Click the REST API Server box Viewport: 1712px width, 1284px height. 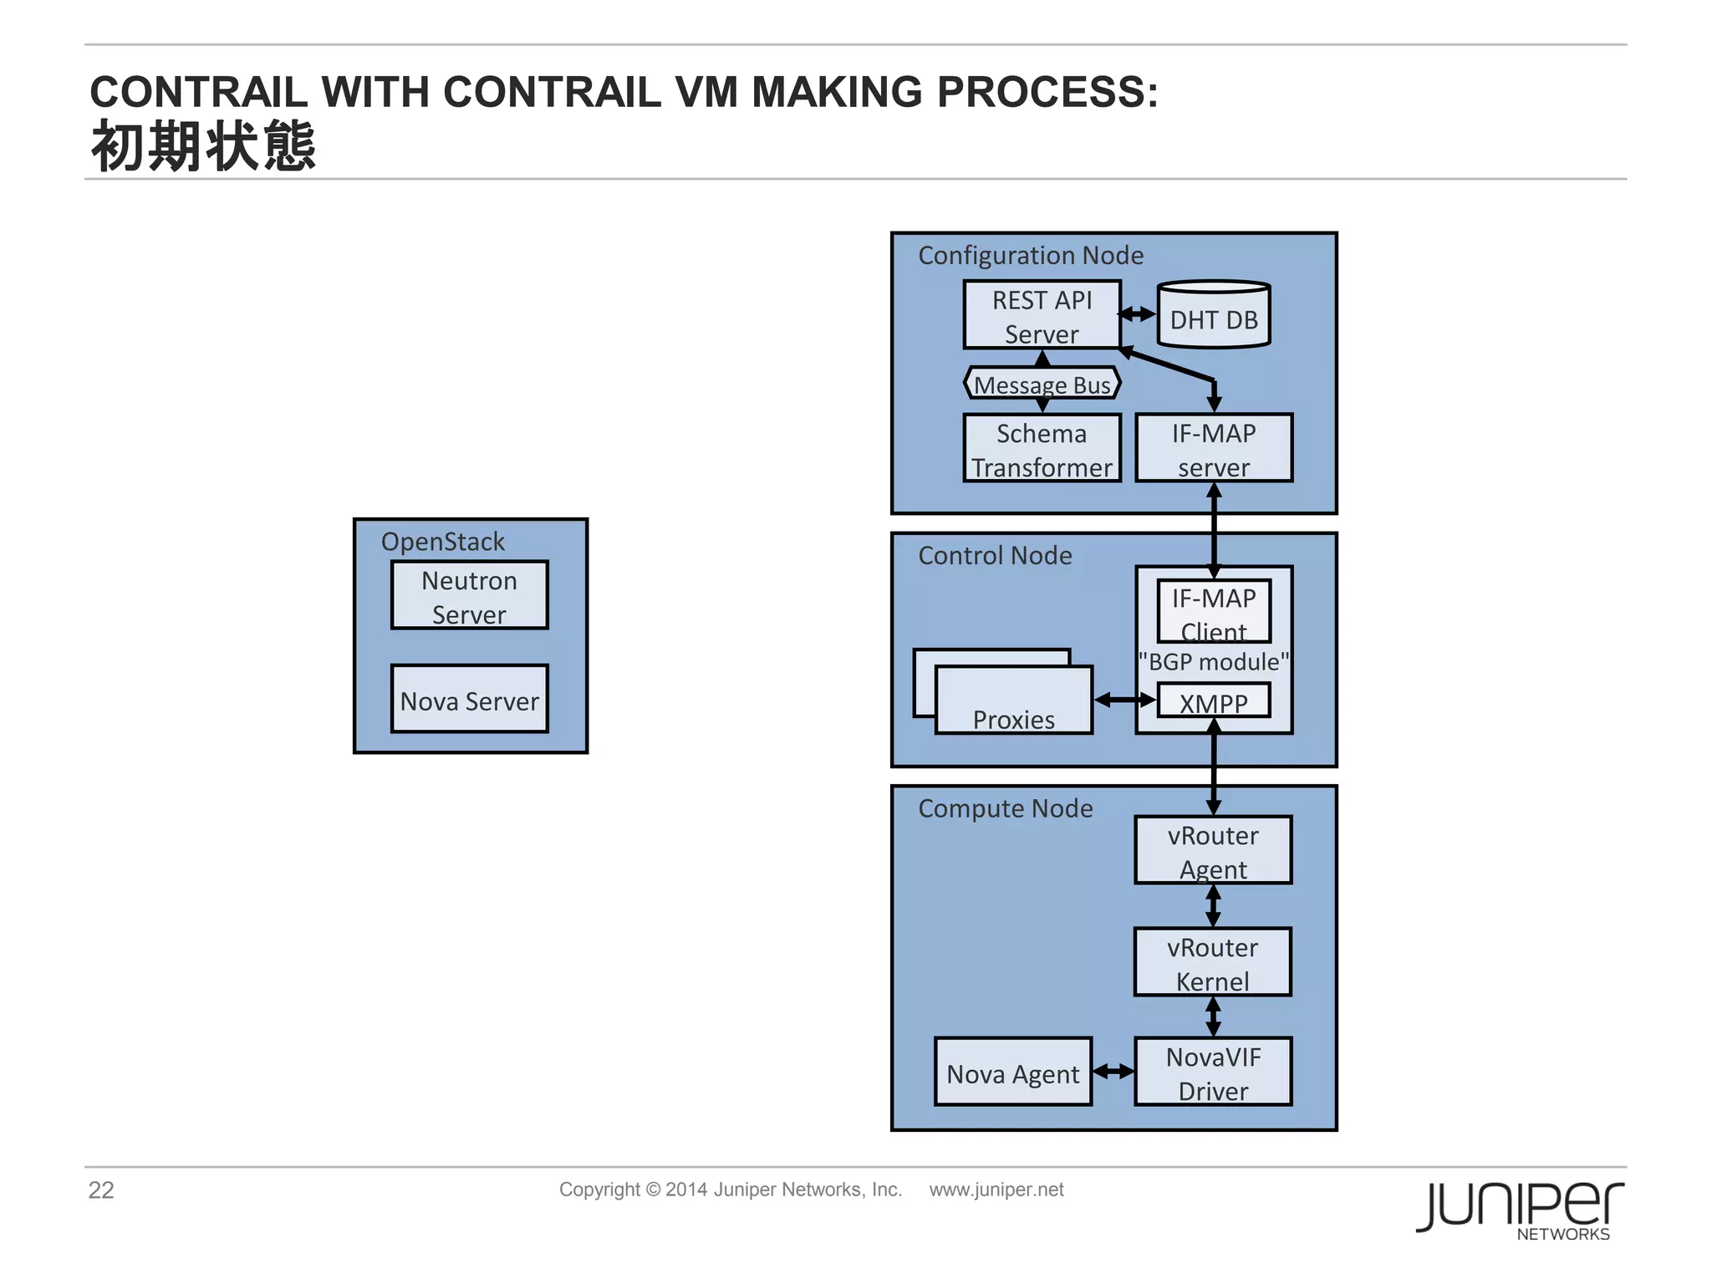tap(1042, 315)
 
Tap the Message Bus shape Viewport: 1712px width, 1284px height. tap(1042, 384)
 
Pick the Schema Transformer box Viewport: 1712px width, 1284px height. tap(1042, 449)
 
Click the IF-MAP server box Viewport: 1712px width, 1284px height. tap(1213, 449)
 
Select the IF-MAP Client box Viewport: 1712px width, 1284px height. tap(1213, 611)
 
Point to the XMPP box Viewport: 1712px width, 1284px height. tap(1213, 701)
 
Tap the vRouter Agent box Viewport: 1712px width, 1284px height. tap(1213, 850)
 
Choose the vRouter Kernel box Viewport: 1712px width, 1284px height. tap(1212, 962)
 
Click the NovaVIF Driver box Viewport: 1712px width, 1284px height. tap(1213, 1073)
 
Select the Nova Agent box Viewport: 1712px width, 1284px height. tap(1013, 1073)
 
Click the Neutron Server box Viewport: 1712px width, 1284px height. tap(469, 595)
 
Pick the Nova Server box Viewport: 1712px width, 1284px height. tap(469, 700)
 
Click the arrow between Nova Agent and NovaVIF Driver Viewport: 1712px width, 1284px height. tap(1113, 1072)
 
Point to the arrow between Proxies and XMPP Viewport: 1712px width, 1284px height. tap(1124, 700)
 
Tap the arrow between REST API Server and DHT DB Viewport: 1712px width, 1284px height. tap(1138, 314)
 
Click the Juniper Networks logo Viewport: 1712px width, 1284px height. tap(1519, 1209)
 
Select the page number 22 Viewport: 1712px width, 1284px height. tap(101, 1190)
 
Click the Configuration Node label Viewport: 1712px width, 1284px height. tap(1030, 255)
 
